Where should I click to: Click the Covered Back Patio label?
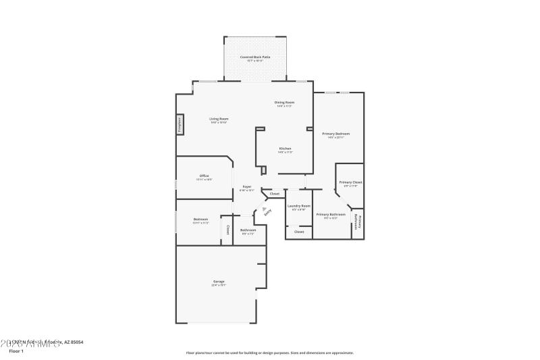(256, 57)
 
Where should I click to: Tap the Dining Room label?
(284, 103)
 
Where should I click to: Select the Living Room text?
(219, 119)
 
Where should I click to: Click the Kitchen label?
(285, 149)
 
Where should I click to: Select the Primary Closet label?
(350, 182)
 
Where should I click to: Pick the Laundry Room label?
(298, 206)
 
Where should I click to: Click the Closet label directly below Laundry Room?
(299, 232)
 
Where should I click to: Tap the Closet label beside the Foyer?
(274, 194)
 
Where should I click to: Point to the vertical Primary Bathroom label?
(358, 222)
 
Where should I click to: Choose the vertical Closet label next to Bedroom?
(228, 230)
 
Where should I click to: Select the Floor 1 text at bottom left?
(16, 351)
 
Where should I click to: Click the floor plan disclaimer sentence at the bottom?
(270, 353)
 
